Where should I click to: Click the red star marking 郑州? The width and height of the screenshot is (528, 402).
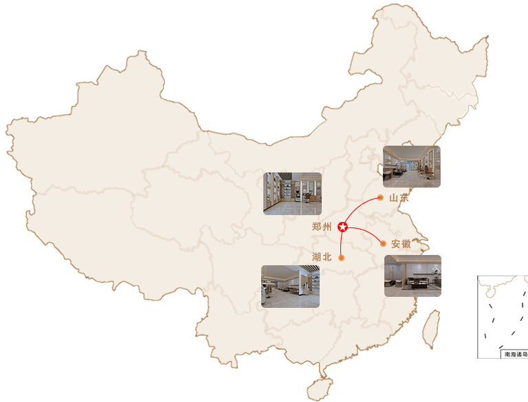(x=343, y=227)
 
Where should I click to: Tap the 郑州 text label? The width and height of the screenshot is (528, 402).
(x=322, y=227)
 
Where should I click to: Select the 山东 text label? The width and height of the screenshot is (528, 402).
(x=399, y=198)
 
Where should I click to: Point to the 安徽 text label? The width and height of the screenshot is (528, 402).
(x=401, y=243)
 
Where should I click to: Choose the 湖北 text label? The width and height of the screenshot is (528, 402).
(x=322, y=257)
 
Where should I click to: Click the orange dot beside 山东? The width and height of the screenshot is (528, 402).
(x=380, y=198)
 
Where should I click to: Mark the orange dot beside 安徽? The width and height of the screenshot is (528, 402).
(x=383, y=243)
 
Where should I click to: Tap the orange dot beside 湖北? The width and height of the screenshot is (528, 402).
(x=341, y=258)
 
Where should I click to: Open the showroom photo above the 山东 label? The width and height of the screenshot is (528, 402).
(x=411, y=166)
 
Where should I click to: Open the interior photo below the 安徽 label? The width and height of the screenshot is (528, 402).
(x=412, y=276)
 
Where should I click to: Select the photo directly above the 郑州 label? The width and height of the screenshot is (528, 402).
(x=292, y=194)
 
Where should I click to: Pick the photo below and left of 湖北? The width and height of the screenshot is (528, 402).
(x=291, y=286)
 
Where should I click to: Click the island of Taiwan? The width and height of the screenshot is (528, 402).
(x=430, y=329)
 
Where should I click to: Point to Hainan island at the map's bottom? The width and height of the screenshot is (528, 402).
(x=320, y=390)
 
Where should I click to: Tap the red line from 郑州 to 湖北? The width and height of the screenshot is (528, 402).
(x=341, y=243)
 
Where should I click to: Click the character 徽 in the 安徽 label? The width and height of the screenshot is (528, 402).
(x=406, y=243)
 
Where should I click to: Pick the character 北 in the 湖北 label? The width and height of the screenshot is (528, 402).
(x=327, y=257)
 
